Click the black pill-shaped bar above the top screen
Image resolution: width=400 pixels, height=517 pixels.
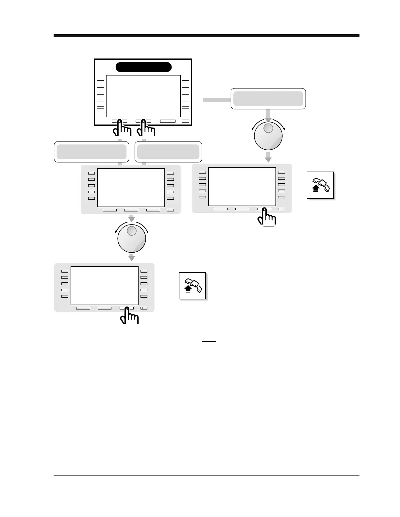[143, 67]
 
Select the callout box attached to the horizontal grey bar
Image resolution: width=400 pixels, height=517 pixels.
[268, 98]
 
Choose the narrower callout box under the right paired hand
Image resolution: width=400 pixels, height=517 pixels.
[168, 152]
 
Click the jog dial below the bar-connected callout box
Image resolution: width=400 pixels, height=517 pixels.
[268, 136]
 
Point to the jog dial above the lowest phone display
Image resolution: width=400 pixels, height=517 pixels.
[131, 238]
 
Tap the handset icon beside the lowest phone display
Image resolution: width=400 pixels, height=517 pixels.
[192, 285]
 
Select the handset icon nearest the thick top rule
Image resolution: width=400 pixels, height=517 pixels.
[320, 185]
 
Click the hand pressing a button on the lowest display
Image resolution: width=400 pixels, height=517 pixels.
[129, 317]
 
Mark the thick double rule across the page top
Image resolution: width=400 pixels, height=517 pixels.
[206, 35]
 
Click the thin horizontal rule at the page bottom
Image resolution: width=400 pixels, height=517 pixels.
[206, 476]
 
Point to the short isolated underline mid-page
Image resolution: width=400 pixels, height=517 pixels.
[209, 342]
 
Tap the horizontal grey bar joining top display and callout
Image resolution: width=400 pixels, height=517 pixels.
[217, 100]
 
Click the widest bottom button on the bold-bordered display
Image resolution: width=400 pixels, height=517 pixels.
[168, 121]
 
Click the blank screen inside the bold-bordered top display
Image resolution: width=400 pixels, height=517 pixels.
[143, 96]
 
